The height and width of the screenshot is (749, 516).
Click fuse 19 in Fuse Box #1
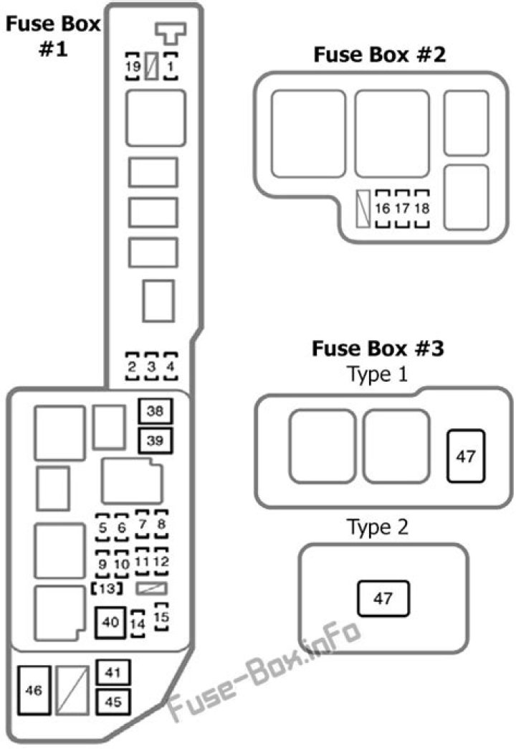(x=133, y=67)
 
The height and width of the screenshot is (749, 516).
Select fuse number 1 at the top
(x=171, y=67)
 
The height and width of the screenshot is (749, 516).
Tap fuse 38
(x=155, y=411)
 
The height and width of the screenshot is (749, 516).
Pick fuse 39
(x=155, y=440)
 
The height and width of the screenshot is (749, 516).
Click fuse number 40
(x=110, y=622)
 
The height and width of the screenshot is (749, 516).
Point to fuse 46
(x=33, y=690)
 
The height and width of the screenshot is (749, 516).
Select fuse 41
(x=113, y=672)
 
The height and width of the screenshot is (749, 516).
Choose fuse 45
(x=113, y=702)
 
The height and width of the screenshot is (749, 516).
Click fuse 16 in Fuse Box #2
(x=383, y=209)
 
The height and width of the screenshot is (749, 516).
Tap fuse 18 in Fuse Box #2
(x=422, y=209)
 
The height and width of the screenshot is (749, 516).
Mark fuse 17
(x=402, y=209)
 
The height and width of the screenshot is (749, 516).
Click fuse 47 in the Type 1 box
(x=466, y=456)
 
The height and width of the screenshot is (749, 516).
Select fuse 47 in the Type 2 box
(x=383, y=598)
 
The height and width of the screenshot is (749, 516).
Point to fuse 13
(x=106, y=589)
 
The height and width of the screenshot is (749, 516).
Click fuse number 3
(x=151, y=367)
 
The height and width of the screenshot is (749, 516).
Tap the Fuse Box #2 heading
(x=379, y=55)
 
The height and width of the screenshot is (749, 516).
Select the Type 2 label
(x=378, y=528)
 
